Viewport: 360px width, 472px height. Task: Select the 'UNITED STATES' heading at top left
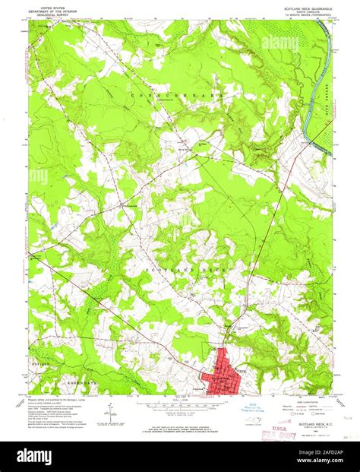(46, 4)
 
